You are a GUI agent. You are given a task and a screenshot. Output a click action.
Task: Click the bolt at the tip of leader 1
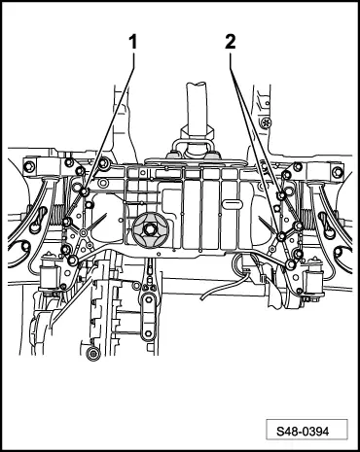86,191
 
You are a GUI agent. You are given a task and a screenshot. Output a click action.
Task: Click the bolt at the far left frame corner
30,167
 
